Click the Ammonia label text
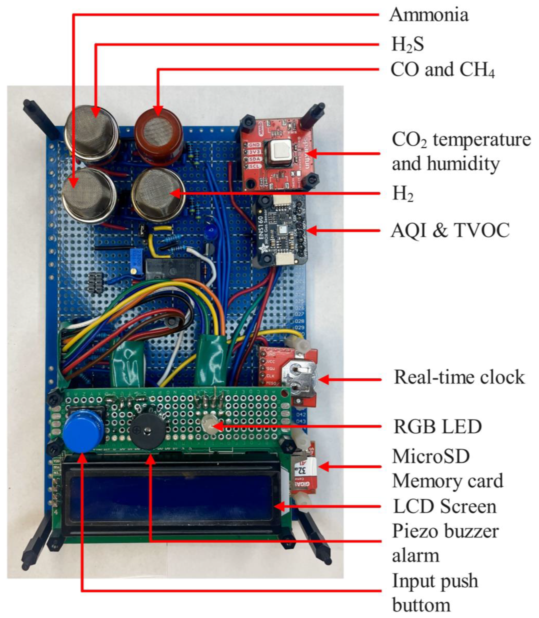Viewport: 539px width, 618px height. click(x=429, y=15)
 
